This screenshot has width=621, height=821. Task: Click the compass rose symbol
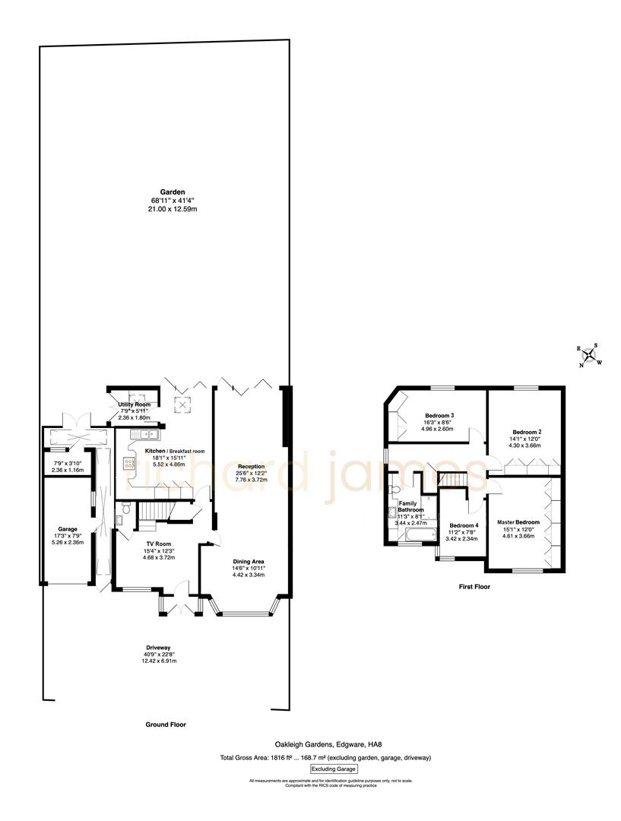(590, 354)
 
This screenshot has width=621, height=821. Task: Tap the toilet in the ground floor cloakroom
(122, 520)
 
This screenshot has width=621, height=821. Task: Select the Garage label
(68, 528)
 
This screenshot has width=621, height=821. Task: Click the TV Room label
(159, 544)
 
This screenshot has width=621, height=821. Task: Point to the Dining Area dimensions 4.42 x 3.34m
(249, 575)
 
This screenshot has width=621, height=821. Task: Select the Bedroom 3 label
(439, 416)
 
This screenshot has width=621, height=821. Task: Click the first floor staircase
(452, 480)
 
